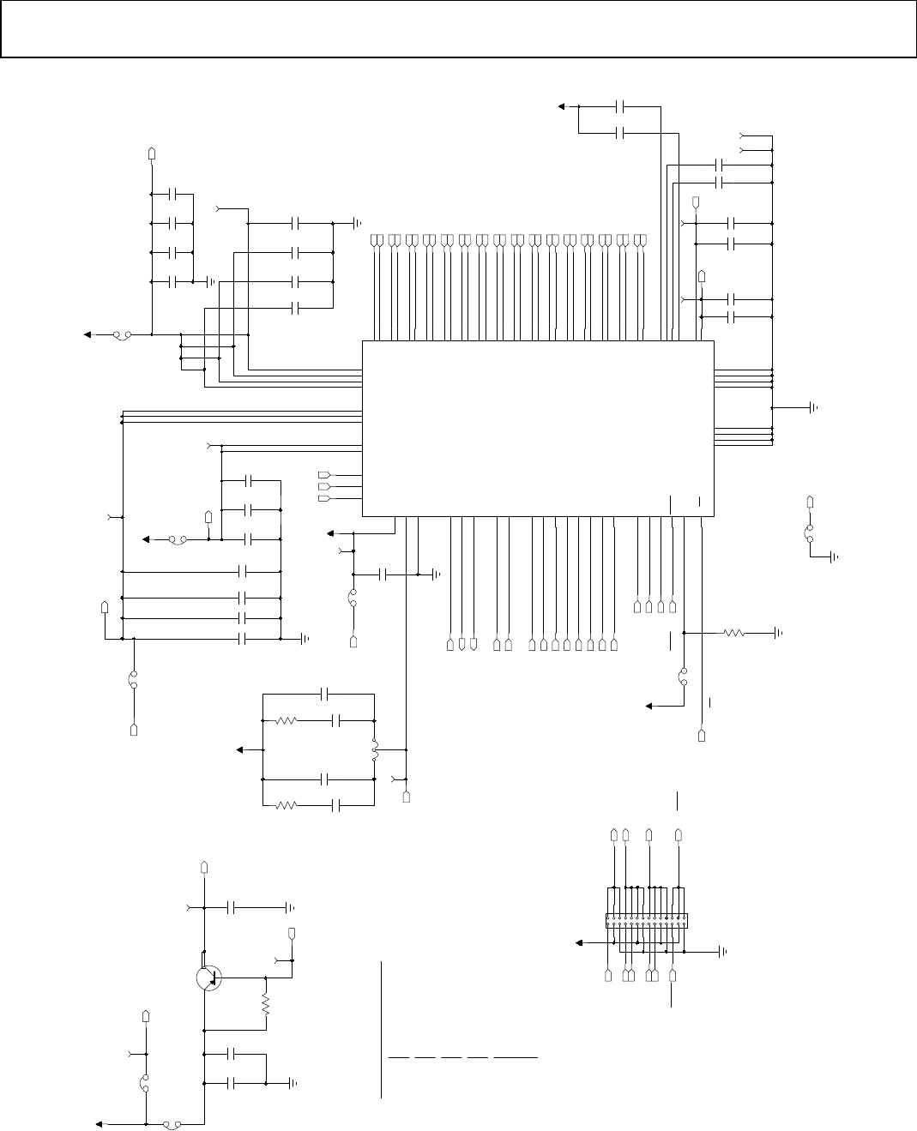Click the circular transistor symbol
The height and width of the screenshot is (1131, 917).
(208, 978)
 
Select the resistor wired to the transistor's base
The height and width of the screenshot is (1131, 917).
(266, 1005)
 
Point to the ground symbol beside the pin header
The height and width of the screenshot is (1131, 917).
(722, 951)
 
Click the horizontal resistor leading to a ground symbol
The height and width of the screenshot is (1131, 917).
(733, 633)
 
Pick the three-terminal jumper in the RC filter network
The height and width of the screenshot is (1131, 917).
(375, 750)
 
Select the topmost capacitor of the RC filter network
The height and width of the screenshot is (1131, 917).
(325, 692)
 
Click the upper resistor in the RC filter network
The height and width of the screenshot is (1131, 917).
(286, 721)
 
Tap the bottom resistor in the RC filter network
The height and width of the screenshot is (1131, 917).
(286, 806)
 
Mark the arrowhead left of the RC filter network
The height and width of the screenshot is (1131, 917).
(241, 750)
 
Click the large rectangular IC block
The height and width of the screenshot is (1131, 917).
(538, 429)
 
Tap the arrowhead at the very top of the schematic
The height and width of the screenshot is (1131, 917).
(562, 106)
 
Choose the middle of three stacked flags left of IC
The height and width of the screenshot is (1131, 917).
(324, 486)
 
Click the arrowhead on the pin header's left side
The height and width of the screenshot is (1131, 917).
(579, 942)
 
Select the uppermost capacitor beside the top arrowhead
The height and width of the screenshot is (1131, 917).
(623, 106)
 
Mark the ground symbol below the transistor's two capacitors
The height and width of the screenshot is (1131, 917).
(293, 1083)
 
